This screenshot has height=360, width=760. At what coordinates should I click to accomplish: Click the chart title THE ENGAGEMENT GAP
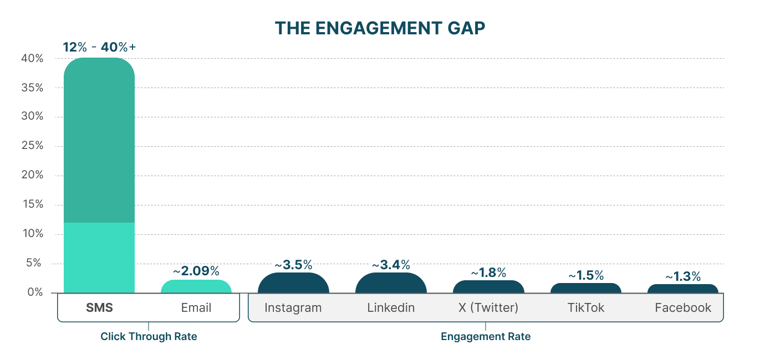tap(380, 28)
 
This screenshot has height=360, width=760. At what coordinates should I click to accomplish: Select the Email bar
tap(196, 287)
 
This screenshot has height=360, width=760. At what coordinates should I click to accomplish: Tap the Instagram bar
tap(293, 284)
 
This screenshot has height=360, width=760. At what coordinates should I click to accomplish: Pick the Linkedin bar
tap(390, 284)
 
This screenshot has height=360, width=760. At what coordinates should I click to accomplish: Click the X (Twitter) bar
tap(488, 287)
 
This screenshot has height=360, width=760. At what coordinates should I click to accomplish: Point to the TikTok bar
tap(586, 288)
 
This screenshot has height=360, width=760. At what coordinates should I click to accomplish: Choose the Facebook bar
tap(683, 289)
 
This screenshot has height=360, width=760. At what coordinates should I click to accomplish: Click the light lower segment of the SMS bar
tap(99, 257)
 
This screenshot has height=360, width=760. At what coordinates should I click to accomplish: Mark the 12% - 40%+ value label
tap(99, 47)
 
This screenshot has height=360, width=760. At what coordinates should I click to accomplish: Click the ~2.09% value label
tap(196, 271)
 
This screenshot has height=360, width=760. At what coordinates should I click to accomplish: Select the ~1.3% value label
tap(683, 277)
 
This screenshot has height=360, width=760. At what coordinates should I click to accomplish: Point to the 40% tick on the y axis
tap(32, 59)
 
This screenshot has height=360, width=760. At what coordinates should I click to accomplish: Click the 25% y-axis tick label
tap(32, 146)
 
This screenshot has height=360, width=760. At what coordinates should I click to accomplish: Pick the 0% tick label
tap(35, 292)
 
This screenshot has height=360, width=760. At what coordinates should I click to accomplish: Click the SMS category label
tap(99, 308)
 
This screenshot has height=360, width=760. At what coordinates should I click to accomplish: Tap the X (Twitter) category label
tap(488, 308)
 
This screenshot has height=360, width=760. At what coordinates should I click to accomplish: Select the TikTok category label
tap(586, 308)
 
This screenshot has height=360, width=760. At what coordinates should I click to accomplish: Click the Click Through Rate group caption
tap(148, 337)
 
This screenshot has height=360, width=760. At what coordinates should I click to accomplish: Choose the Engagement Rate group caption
tap(486, 337)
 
